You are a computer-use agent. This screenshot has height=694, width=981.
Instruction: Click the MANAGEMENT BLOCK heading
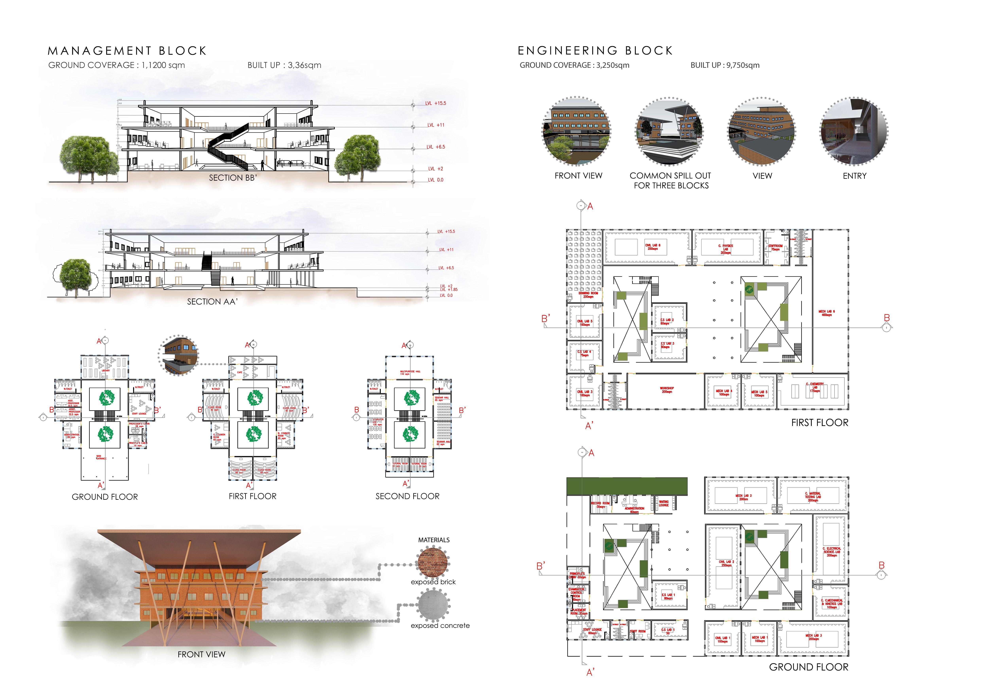pos(127,51)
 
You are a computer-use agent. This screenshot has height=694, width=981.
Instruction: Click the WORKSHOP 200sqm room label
pos(667,390)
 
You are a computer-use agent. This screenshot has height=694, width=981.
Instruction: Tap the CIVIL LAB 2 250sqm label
pos(726,563)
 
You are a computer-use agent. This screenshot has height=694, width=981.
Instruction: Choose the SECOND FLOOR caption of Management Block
pos(407,496)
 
